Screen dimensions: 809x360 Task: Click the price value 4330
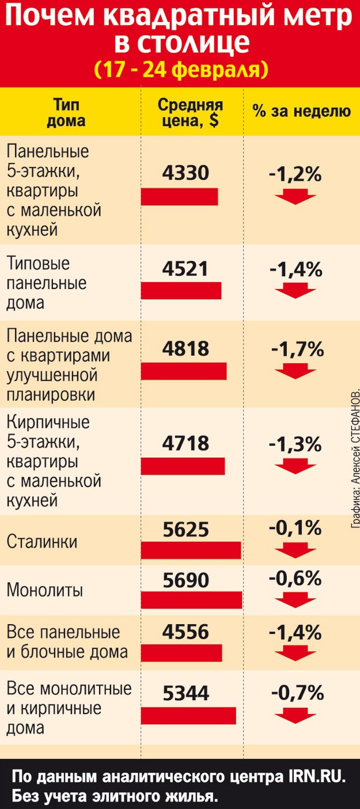pyautogui.click(x=185, y=172)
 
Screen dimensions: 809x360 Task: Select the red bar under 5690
pyautogui.click(x=192, y=600)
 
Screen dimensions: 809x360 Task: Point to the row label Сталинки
pyautogui.click(x=42, y=542)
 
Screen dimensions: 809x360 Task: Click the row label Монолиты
pyautogui.click(x=45, y=590)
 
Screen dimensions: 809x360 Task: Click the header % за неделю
pyautogui.click(x=301, y=112)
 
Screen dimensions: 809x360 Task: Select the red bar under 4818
pyautogui.click(x=184, y=371)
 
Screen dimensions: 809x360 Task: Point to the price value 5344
pyautogui.click(x=185, y=693)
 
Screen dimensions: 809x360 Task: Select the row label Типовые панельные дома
pyautogui.click(x=47, y=283)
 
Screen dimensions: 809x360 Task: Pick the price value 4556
pyautogui.click(x=185, y=632)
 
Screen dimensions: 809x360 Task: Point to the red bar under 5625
pyautogui.click(x=191, y=550)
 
